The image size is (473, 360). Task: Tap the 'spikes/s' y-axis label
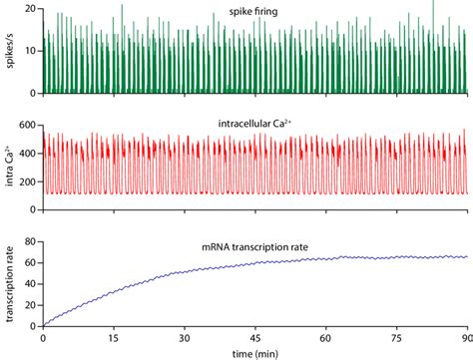coord(9,49)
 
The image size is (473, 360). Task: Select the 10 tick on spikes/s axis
coord(30,50)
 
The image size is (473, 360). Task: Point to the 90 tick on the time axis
coord(465,338)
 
